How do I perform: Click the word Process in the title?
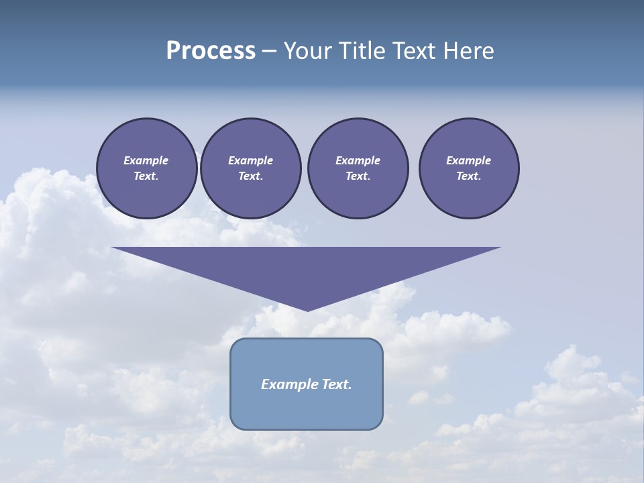(211, 50)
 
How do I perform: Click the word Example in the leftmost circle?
(146, 160)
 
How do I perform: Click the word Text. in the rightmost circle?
(469, 176)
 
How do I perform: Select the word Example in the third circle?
(358, 160)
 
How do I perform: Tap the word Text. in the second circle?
(251, 176)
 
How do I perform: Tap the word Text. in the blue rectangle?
(337, 384)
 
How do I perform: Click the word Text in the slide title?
(415, 50)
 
